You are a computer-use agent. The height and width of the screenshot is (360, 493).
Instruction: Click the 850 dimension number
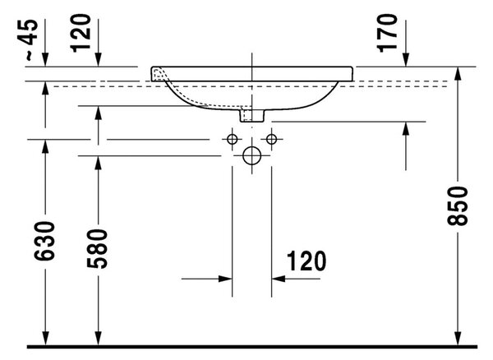pyautogui.click(x=458, y=206)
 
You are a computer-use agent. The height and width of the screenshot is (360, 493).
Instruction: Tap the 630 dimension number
pyautogui.click(x=44, y=241)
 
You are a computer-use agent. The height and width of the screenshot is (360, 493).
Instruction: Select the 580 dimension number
pyautogui.click(x=98, y=249)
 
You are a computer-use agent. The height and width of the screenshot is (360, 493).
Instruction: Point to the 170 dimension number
pyautogui.click(x=387, y=33)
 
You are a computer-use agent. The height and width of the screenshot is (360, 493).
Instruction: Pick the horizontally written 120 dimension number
pyautogui.click(x=306, y=261)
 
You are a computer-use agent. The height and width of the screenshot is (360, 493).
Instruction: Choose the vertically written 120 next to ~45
pyautogui.click(x=81, y=33)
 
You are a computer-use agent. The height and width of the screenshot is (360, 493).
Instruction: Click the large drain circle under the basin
pyautogui.click(x=252, y=155)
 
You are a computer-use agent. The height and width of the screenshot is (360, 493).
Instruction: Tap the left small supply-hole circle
pyautogui.click(x=232, y=139)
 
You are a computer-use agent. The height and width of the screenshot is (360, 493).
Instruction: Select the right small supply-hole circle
pyautogui.click(x=271, y=139)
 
